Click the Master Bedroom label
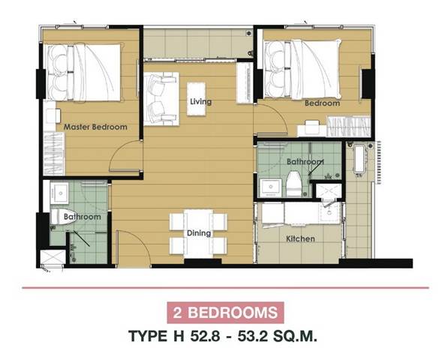pos(95,127)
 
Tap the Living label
pos(201,102)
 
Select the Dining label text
pos(199,233)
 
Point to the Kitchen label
pos(301,238)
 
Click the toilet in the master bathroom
pos(59,217)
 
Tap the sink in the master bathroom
pos(59,193)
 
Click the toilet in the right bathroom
pos(294,184)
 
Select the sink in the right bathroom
pos(270,187)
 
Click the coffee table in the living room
pos(196,99)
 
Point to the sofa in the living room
pos(161,99)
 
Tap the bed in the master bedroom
pos(84,72)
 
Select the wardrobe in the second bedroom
pos(349,126)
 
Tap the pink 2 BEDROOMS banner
pos(225,313)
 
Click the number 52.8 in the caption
pos(205,336)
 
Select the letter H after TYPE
pos(179,336)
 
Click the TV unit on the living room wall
pos(245,82)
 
